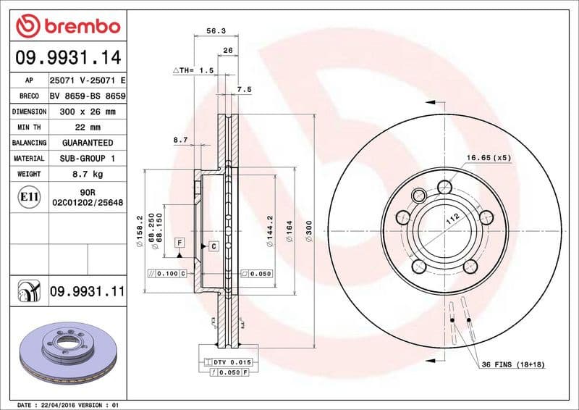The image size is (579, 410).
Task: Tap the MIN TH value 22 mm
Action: tap(87, 127)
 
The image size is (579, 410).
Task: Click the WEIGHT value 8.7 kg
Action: tap(87, 174)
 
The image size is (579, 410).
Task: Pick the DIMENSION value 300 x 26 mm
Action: tap(87, 112)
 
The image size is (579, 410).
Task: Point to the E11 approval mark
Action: tap(30, 196)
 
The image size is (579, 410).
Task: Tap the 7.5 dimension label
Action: tap(244, 89)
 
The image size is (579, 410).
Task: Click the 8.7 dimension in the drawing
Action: tap(180, 138)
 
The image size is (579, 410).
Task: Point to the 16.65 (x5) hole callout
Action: tap(489, 157)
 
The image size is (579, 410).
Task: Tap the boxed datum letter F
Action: tap(179, 241)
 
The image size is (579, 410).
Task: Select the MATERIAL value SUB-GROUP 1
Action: tap(87, 158)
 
